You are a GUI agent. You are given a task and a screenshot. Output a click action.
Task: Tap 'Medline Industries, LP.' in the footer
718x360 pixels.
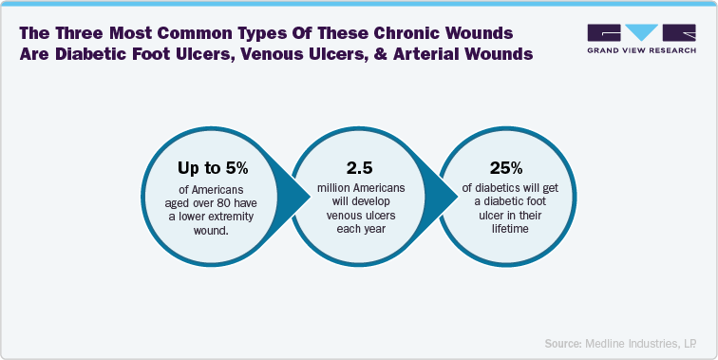(645, 342)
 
